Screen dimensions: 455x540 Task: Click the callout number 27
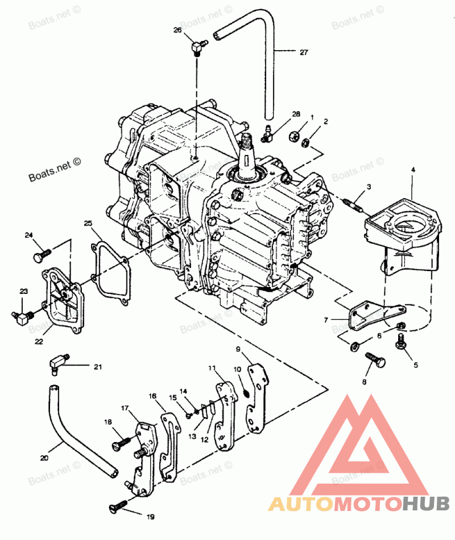[304, 52]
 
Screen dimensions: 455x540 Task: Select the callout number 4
[413, 170]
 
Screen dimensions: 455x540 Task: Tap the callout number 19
[150, 517]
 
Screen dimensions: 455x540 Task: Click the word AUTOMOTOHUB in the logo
[359, 504]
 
